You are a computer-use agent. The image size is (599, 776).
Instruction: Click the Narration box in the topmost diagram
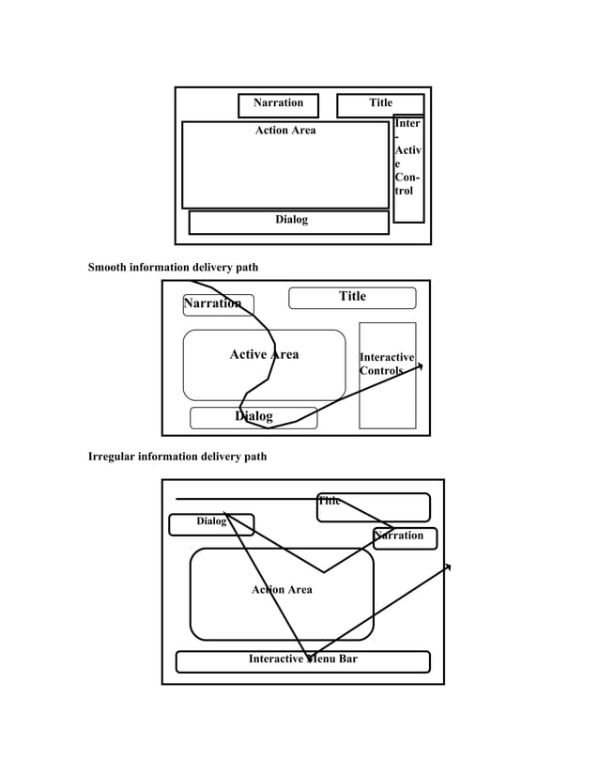click(x=278, y=104)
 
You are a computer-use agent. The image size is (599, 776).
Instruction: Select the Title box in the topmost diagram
click(x=380, y=104)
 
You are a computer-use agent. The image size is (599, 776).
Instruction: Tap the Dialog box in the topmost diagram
click(x=289, y=222)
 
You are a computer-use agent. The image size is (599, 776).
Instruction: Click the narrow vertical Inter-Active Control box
click(x=407, y=169)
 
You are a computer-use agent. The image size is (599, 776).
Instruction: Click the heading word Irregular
click(x=112, y=457)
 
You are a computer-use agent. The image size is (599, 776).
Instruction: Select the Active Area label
click(x=264, y=355)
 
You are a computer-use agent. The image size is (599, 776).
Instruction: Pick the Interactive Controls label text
click(x=387, y=365)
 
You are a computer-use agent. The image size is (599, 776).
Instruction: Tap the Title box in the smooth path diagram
click(x=352, y=298)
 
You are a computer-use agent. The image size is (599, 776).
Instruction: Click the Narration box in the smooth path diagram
click(x=212, y=304)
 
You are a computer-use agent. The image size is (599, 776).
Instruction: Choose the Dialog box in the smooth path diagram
click(x=253, y=417)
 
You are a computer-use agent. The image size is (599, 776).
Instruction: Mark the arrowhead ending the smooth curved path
click(x=420, y=367)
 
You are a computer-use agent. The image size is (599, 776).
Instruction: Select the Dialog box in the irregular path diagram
click(x=210, y=523)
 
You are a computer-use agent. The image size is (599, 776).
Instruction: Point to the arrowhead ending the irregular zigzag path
click(x=448, y=566)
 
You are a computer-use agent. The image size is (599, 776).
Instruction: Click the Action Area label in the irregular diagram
click(x=282, y=590)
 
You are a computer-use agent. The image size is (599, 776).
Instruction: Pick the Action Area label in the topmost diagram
click(x=285, y=131)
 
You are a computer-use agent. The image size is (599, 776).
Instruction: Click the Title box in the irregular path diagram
click(x=373, y=507)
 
